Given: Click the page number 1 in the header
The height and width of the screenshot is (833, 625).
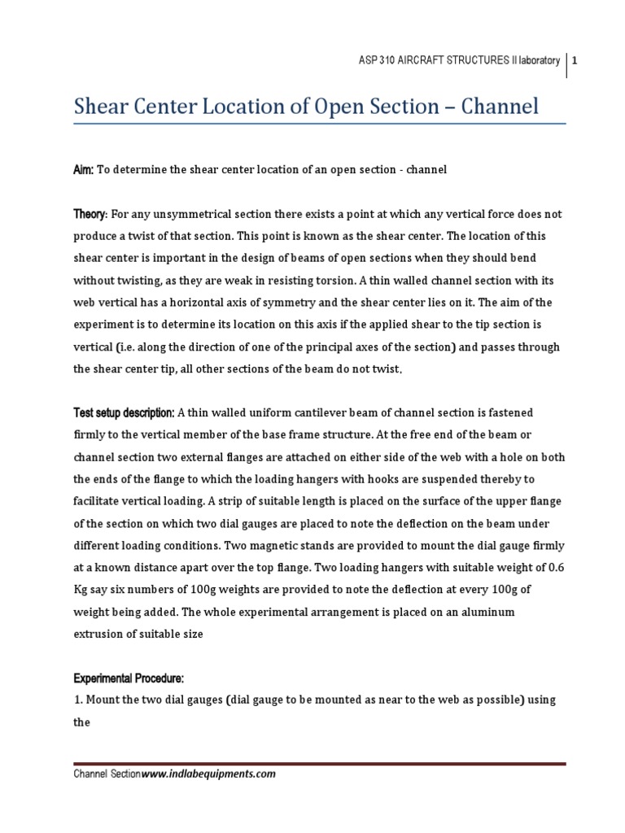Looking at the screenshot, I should click(x=575, y=61).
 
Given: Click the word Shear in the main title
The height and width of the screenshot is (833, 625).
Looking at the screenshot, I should click(x=102, y=106).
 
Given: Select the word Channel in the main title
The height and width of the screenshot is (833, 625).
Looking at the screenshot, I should click(x=503, y=106).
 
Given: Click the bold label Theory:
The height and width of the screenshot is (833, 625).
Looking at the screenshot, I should click(x=90, y=213).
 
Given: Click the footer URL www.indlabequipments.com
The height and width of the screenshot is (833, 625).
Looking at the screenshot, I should click(x=209, y=774).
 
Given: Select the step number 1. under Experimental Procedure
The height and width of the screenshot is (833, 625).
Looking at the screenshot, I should click(x=78, y=699).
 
